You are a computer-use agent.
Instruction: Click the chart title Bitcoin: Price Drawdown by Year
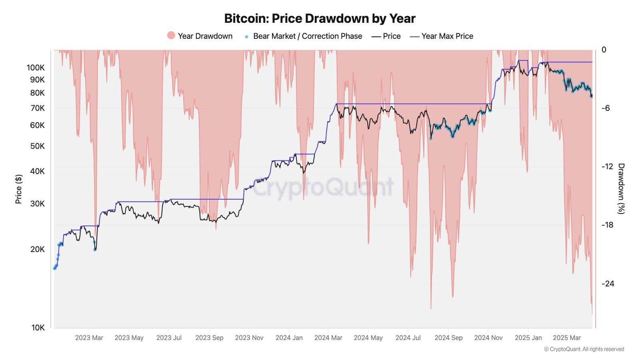coord(320,18)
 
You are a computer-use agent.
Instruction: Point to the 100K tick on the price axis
coord(36,68)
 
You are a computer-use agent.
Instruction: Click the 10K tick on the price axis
coord(38,328)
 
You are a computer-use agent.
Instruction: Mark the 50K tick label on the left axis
coord(37,146)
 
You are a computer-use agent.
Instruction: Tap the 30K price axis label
coord(37,204)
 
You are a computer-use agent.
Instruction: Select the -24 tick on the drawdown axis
coord(608,284)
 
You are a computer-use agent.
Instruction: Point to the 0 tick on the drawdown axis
coord(604,50)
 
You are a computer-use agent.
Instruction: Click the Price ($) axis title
coord(18,189)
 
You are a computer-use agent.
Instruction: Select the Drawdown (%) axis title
coord(621,188)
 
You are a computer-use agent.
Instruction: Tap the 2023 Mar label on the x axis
coord(89,338)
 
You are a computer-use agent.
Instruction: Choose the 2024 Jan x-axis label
coord(289,338)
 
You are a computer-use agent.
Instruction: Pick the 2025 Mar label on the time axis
coord(567,338)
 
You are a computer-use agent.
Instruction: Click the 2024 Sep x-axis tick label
coord(448,338)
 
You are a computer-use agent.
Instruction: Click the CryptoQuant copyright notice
coord(584,349)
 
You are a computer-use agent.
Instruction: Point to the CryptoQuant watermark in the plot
coord(323,187)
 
